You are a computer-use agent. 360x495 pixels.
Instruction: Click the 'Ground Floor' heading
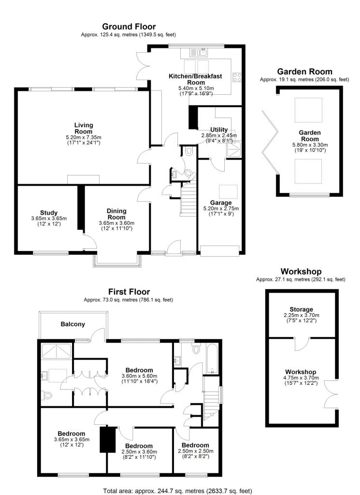tap(129, 26)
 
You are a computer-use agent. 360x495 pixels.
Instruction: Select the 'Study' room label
tap(49, 213)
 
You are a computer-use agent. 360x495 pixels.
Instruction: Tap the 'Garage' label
tap(220, 203)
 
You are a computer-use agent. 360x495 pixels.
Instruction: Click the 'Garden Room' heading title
tap(304, 71)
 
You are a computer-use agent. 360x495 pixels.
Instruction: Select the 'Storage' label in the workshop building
tap(302, 309)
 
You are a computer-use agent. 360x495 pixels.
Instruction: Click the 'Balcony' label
tap(73, 324)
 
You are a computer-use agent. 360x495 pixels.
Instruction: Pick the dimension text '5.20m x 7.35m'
tap(84, 137)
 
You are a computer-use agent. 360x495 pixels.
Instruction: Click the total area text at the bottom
tap(177, 490)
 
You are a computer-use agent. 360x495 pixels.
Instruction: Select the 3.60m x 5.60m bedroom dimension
tap(139, 376)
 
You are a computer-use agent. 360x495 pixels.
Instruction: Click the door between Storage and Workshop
tap(301, 344)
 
